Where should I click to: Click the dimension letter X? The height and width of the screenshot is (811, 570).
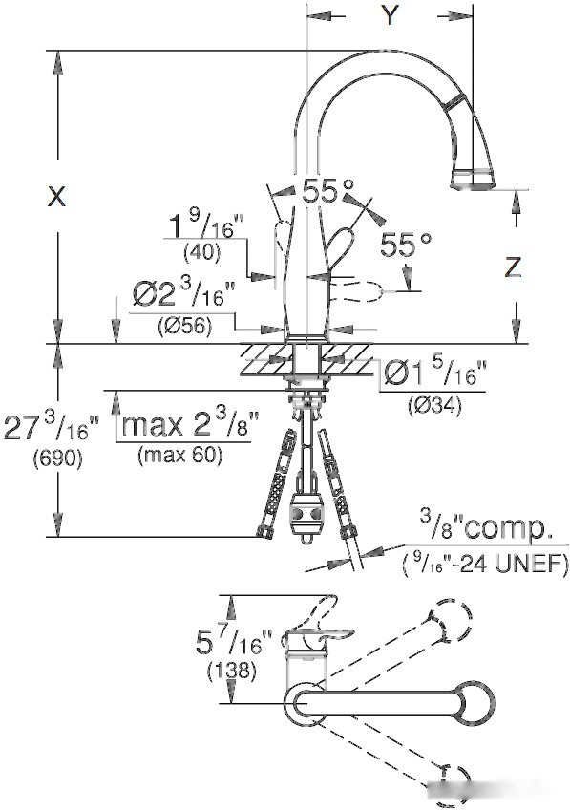pos(57,197)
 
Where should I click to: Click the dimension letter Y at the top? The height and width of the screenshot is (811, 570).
pos(390,16)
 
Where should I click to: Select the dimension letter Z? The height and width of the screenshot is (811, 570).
pos(512,267)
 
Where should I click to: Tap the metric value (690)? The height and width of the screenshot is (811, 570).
pos(58,458)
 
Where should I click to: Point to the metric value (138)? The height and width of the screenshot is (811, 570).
pos(232,671)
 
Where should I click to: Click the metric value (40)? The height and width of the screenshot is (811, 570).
pos(202,252)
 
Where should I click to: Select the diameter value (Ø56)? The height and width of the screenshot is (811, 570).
pos(184,327)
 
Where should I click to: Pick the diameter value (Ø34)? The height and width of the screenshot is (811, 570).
pos(434,405)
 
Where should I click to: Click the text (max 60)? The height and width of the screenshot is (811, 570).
pos(179,455)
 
